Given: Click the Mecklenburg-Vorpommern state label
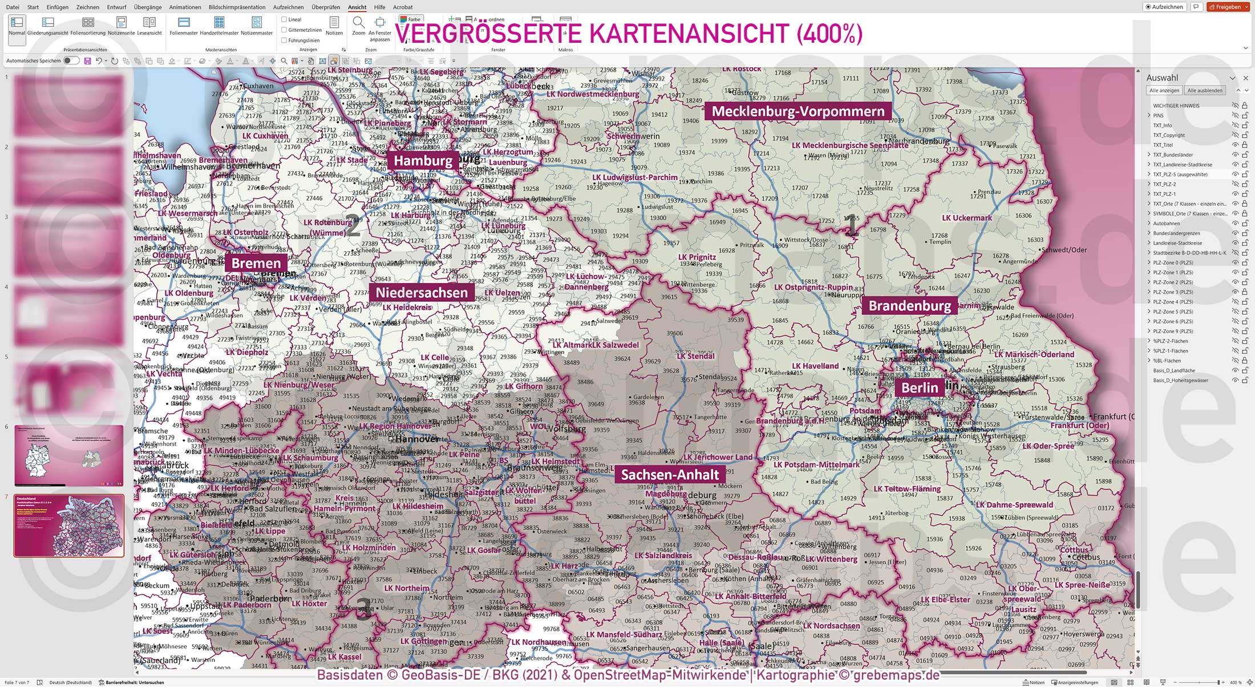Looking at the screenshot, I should click(798, 111).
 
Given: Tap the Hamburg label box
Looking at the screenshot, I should click(423, 160).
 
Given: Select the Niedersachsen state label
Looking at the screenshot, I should click(422, 293).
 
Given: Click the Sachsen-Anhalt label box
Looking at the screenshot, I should click(670, 475).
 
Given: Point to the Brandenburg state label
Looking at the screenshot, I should click(909, 306).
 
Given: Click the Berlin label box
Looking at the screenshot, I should click(920, 388).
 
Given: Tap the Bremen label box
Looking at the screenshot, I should click(256, 264).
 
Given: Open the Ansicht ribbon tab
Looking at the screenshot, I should click(357, 7).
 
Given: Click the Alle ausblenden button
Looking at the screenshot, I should click(1205, 90).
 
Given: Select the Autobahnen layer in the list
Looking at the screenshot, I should click(1166, 224).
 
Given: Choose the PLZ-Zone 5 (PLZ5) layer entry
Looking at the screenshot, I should click(1173, 312).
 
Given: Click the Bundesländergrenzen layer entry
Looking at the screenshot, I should click(1176, 233).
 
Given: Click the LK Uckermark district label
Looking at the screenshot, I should click(966, 218).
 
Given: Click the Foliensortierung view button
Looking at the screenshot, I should click(88, 26).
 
